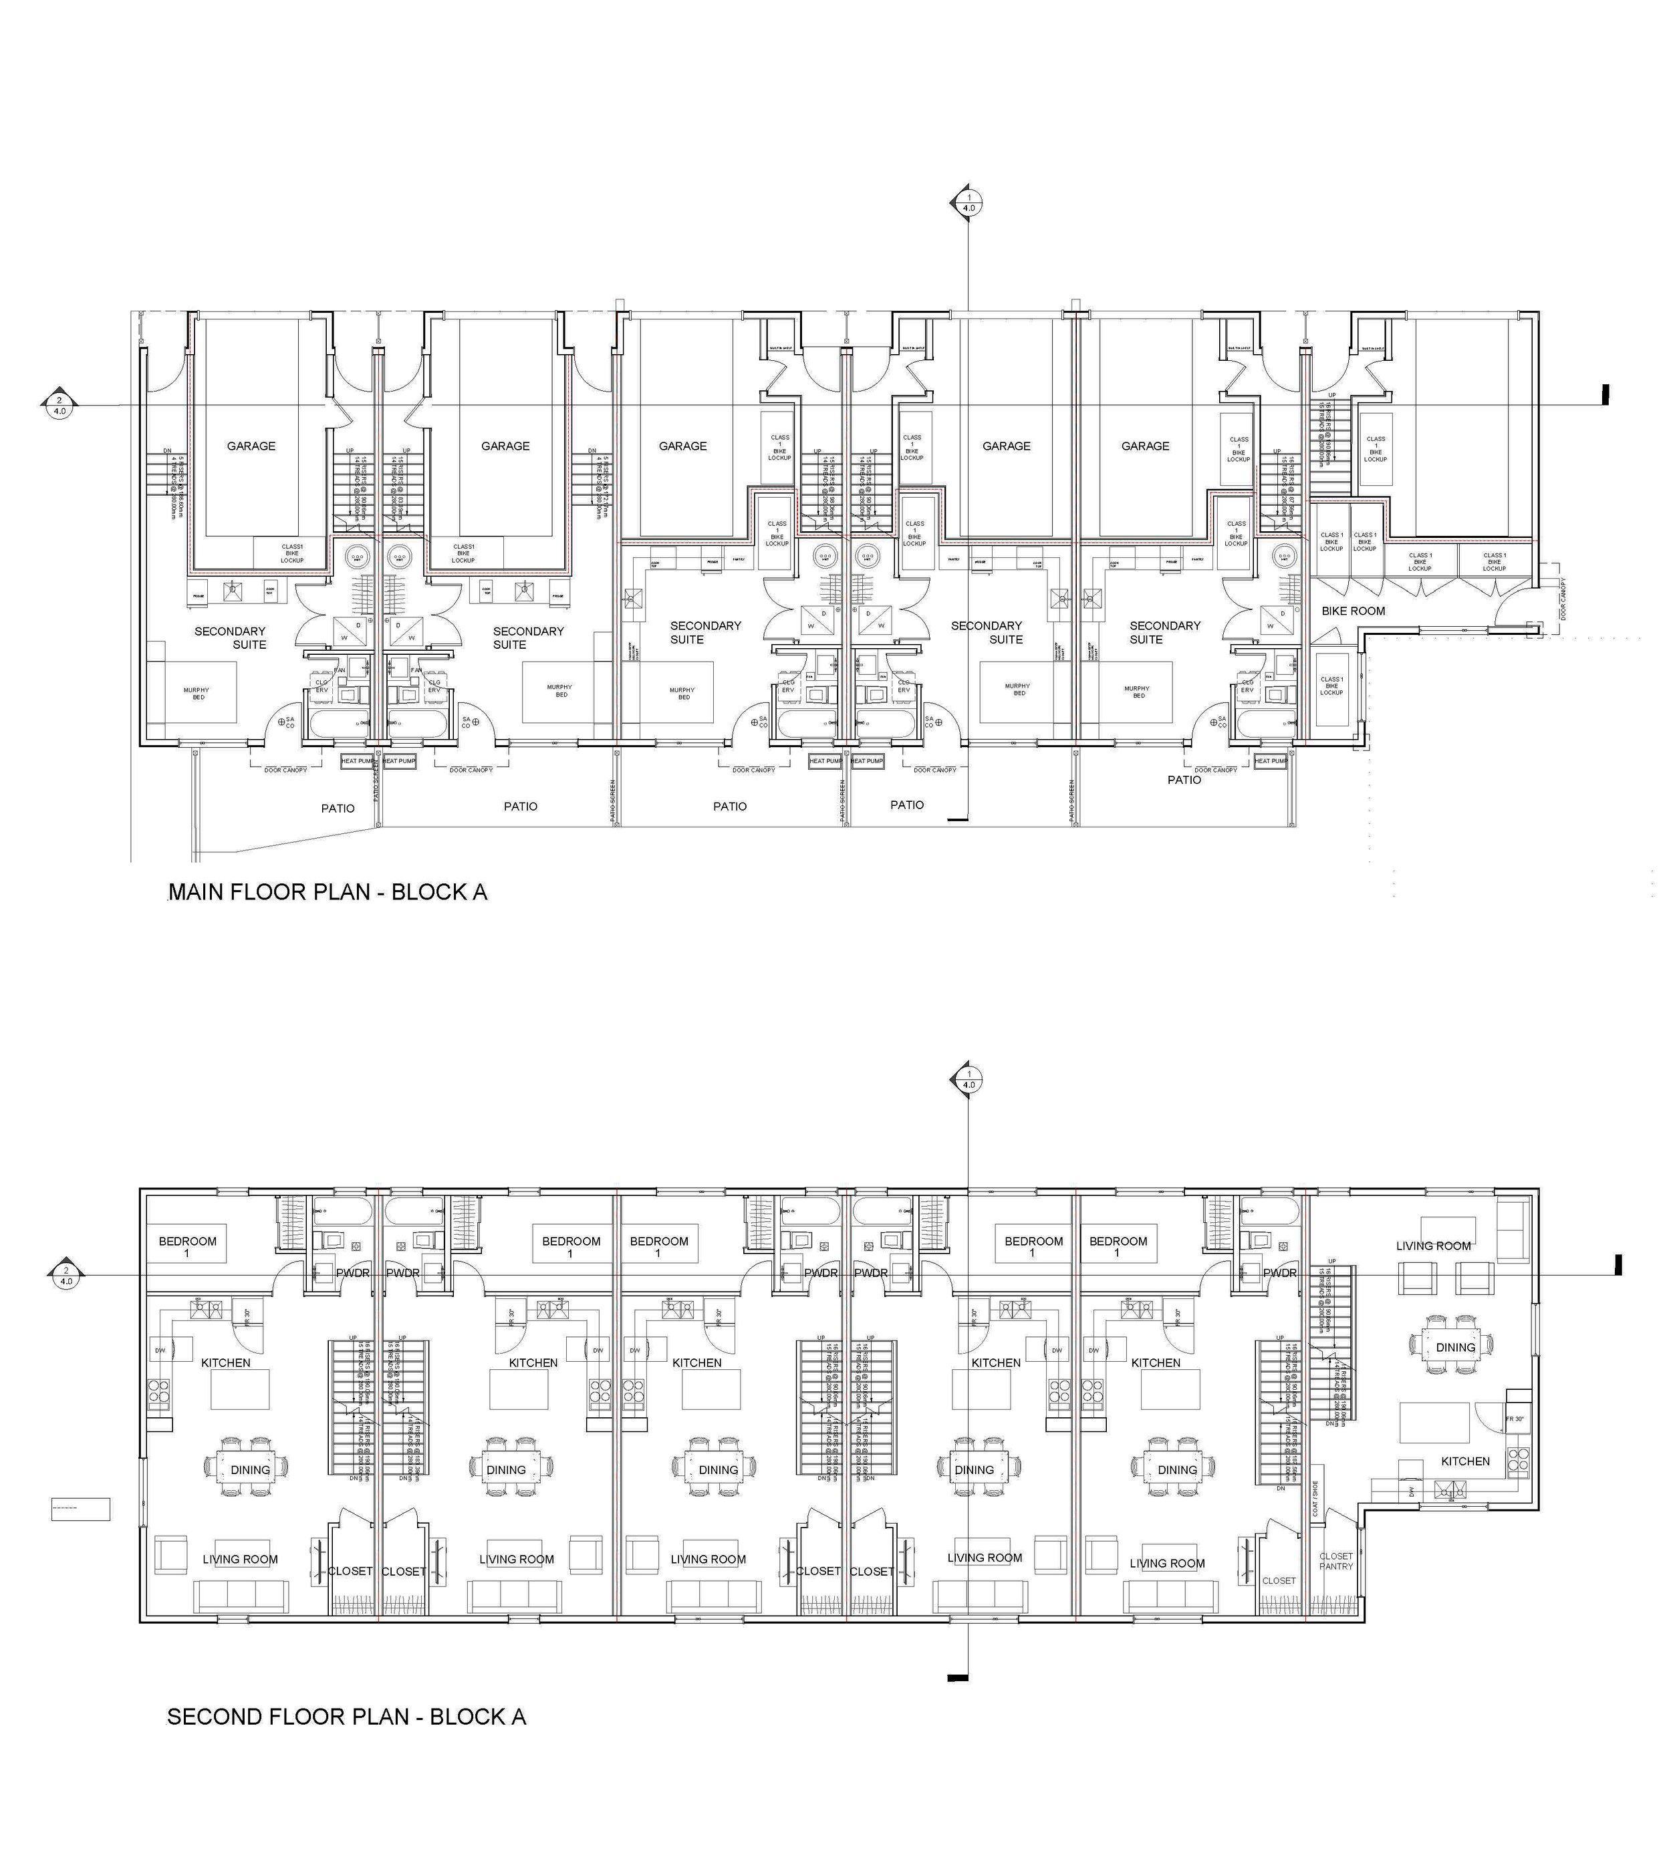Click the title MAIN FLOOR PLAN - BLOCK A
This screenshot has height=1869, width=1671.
[x=327, y=892]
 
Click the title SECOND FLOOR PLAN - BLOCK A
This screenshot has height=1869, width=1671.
[x=346, y=1717]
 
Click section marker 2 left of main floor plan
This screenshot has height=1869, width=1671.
[x=59, y=406]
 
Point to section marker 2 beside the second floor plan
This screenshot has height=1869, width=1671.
[x=66, y=1275]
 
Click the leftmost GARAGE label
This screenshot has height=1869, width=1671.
[x=251, y=446]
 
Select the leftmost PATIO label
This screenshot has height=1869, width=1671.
[x=337, y=809]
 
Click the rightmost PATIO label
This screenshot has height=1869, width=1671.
[x=1184, y=779]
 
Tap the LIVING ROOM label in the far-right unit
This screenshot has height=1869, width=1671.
[x=1432, y=1246]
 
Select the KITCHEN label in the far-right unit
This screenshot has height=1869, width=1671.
[x=1464, y=1461]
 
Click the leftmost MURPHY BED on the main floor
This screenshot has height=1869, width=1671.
[x=196, y=693]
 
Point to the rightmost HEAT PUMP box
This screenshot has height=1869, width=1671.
[x=1271, y=761]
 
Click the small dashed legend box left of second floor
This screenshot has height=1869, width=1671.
[x=80, y=1508]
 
